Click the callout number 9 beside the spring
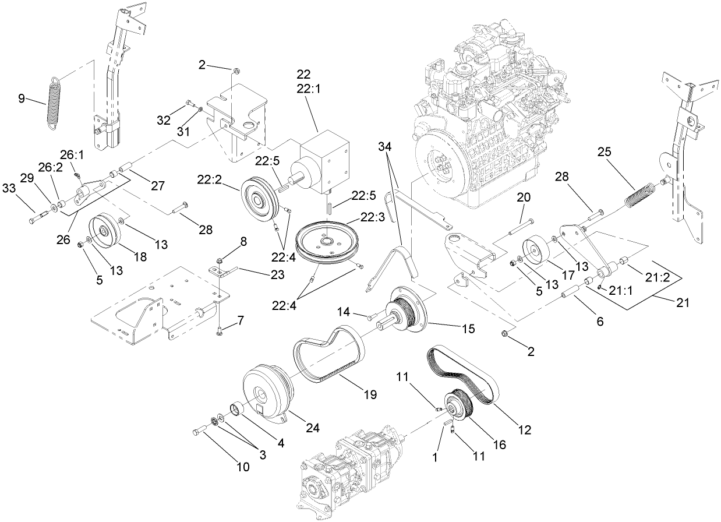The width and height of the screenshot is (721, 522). point(22,98)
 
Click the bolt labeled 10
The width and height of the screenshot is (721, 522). point(199,431)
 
